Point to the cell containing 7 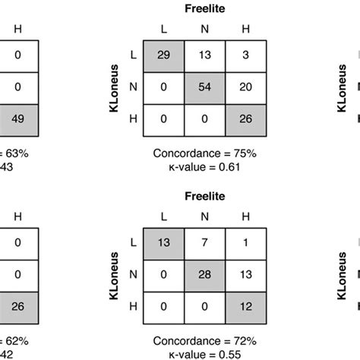point(204,242)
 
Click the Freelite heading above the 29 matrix point(204,9)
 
